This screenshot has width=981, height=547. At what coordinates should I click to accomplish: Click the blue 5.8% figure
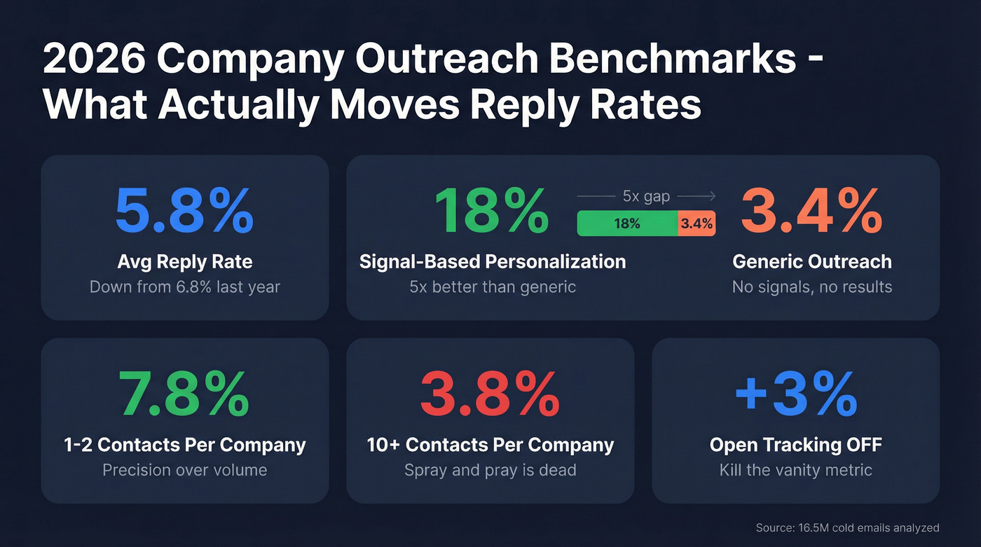(184, 210)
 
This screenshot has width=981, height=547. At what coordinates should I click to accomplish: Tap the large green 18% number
(491, 210)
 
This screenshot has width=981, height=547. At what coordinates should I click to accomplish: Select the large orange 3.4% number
(811, 210)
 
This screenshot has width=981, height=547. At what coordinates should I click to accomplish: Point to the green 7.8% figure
(184, 394)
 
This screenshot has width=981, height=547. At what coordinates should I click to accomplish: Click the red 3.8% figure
(490, 394)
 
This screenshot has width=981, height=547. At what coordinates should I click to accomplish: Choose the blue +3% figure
(795, 394)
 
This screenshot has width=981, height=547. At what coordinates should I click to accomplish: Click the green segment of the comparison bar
(627, 223)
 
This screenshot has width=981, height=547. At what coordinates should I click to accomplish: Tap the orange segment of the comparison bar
(697, 223)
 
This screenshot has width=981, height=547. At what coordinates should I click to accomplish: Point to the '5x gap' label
(646, 197)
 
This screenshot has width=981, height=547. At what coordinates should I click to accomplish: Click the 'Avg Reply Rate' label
(184, 262)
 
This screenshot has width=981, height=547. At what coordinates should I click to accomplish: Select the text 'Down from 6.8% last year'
(184, 286)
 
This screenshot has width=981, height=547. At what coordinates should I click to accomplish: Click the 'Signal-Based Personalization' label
(492, 262)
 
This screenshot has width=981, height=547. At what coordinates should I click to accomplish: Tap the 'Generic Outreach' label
(811, 262)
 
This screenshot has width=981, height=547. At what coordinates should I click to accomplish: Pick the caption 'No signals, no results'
(811, 286)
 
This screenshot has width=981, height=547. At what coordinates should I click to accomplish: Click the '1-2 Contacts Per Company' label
(184, 445)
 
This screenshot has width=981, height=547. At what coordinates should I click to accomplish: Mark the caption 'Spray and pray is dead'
(490, 470)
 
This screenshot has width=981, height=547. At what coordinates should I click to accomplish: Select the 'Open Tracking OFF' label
(795, 445)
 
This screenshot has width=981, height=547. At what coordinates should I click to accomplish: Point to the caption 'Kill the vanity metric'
(795, 470)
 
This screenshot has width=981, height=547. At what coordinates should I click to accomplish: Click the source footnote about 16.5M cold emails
(847, 527)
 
